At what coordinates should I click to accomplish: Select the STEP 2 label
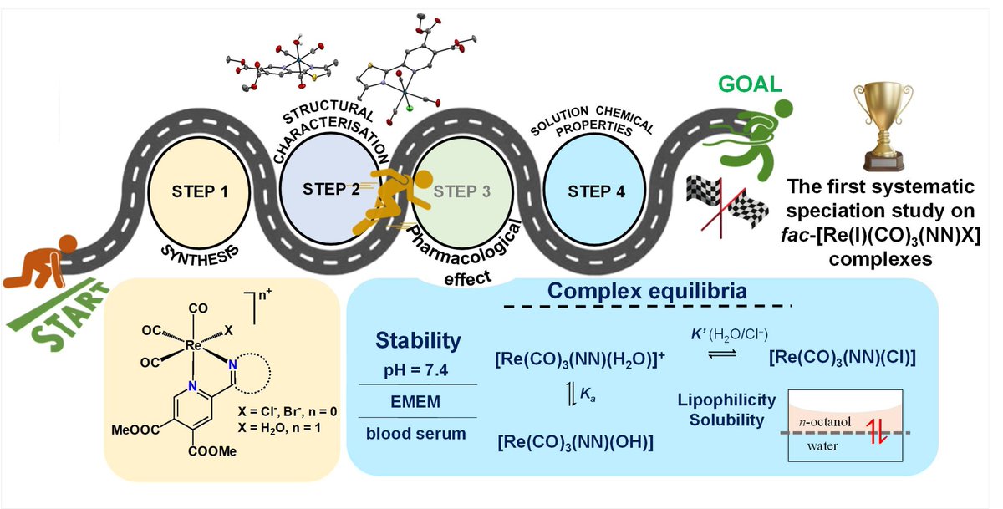(x=332, y=189)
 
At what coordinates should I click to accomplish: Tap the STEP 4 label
(x=596, y=191)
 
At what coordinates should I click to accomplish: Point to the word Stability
(x=417, y=340)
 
